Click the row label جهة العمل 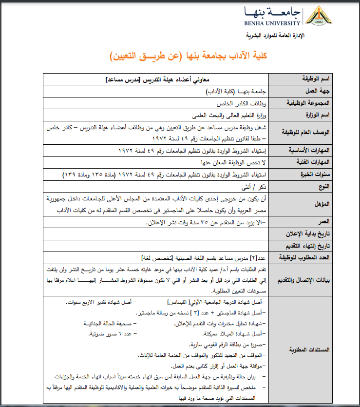[x=319, y=91]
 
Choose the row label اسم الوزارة [x=318, y=115]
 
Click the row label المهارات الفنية [x=313, y=162]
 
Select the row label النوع [x=324, y=186]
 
